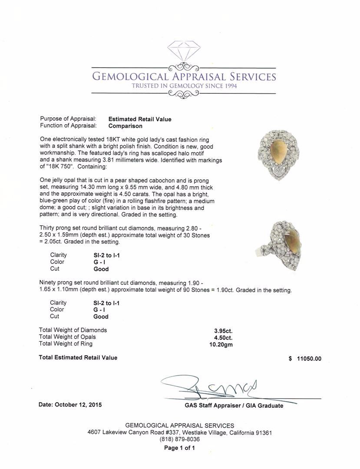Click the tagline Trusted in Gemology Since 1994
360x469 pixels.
coord(185,86)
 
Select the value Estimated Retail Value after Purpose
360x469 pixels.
coord(140,119)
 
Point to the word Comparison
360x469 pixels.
coord(126,126)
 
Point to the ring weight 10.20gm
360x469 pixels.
coord(221,344)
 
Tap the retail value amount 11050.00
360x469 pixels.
coord(309,359)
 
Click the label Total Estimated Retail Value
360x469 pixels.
coord(78,357)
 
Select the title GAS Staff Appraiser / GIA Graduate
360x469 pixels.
coord(234,406)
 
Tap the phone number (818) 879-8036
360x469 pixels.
coord(180,439)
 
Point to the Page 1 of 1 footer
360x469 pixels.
coord(179,448)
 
